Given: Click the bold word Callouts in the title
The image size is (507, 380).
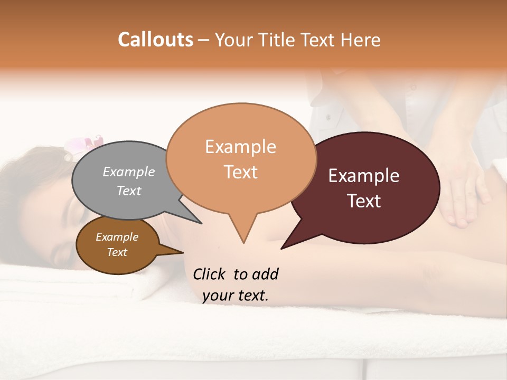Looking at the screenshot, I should [155, 40].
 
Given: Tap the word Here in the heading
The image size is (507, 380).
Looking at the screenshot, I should [361, 40].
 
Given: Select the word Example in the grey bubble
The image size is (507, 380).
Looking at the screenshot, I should [129, 172].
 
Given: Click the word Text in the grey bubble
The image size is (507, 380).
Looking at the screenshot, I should [129, 191].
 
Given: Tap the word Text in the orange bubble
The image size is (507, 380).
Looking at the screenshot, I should [240, 172].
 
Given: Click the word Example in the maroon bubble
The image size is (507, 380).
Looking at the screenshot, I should [364, 175].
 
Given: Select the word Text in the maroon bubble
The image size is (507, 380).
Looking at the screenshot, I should [364, 201].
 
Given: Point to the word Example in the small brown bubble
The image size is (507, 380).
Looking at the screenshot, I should [117, 237].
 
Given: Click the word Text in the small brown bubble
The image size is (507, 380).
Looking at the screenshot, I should [117, 252].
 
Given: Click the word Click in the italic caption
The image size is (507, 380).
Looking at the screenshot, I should [209, 274].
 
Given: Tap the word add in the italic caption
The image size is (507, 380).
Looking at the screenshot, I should [265, 274].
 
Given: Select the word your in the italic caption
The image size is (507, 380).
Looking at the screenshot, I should [217, 296].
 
